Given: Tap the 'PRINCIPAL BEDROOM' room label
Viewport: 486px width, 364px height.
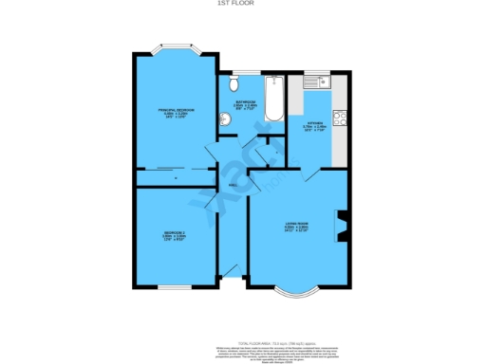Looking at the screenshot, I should [x=176, y=111].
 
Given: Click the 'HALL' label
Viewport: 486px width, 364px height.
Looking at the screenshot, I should [x=233, y=186].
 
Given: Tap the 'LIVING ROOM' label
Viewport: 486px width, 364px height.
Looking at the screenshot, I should [x=297, y=225].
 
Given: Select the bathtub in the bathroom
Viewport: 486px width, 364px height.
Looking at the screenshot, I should [x=273, y=100].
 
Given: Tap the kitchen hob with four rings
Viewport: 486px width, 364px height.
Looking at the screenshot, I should [x=341, y=119].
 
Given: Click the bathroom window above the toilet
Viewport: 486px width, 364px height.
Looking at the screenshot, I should [x=236, y=72].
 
